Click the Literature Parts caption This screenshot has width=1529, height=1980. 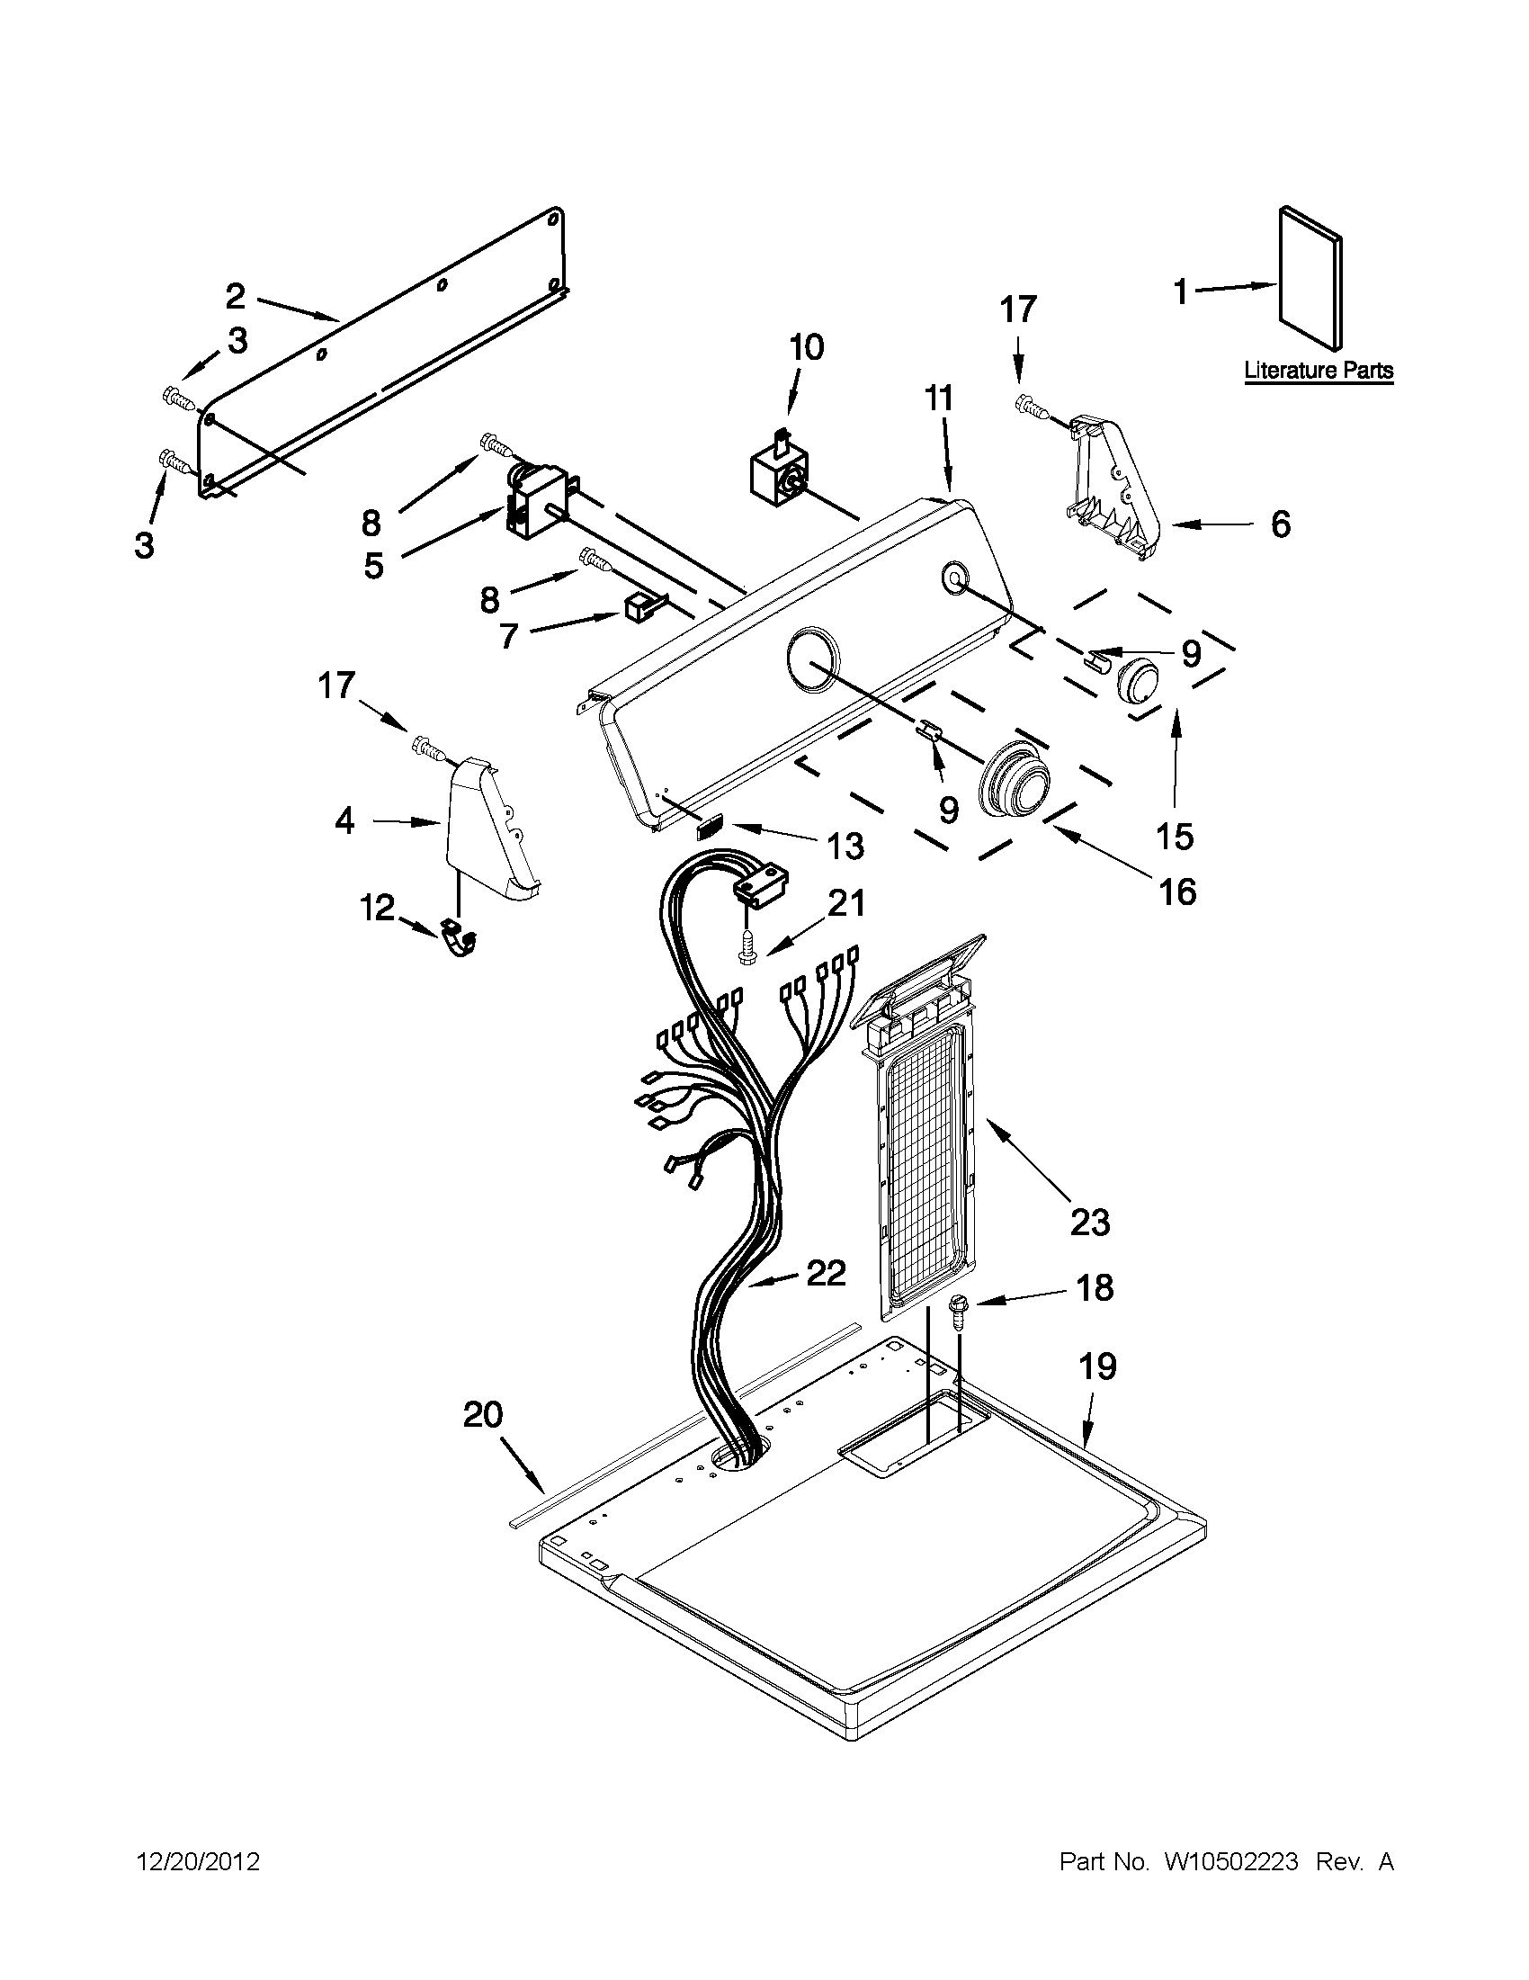click(1318, 370)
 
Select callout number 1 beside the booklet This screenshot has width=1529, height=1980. click(1180, 292)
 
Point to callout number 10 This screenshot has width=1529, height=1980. click(806, 347)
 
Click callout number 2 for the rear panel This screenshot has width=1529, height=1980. click(235, 297)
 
